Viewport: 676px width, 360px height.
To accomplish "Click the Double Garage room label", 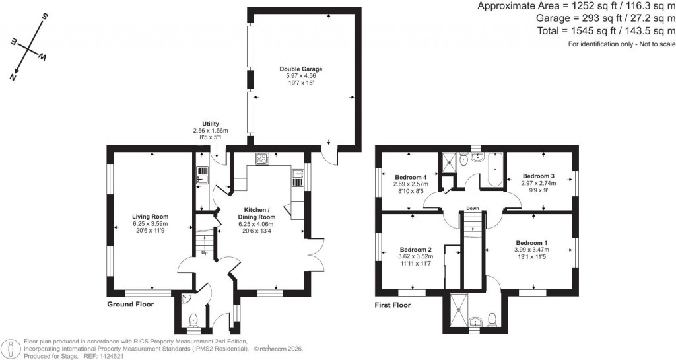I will [x=300, y=69].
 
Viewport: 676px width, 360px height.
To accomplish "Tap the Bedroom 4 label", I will [x=411, y=177].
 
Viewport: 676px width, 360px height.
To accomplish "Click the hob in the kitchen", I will [x=262, y=159].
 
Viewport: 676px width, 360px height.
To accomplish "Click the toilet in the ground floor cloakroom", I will [x=193, y=321].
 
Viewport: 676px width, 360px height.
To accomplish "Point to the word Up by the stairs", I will [x=205, y=252].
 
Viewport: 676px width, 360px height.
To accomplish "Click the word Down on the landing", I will [x=472, y=209].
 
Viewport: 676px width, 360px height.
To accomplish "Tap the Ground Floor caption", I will [x=131, y=305].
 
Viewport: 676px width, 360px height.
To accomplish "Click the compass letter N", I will [x=13, y=77].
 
